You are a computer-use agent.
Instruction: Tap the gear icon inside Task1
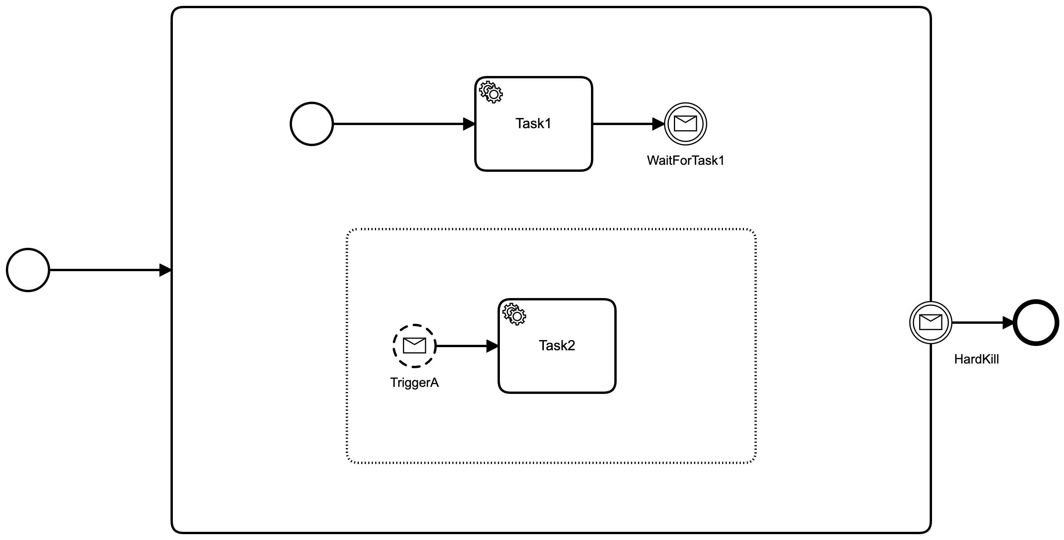tap(491, 92)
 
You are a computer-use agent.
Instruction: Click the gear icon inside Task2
tap(514, 314)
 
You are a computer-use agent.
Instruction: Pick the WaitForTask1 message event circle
tap(685, 124)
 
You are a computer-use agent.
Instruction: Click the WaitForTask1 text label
tap(685, 161)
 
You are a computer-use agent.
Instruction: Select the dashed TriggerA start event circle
tap(414, 346)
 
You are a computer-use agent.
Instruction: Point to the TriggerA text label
tap(414, 383)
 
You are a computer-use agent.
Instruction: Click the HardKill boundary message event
tap(930, 323)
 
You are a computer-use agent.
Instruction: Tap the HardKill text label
tap(976, 359)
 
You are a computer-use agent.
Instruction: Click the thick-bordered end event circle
tap(1036, 323)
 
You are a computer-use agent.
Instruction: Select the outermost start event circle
tap(28, 270)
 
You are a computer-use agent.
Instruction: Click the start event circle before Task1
tap(312, 124)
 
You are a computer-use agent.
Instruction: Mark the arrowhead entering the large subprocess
tap(165, 270)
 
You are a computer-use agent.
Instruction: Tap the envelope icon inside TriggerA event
tap(414, 345)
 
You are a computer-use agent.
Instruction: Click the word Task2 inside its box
tap(556, 345)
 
